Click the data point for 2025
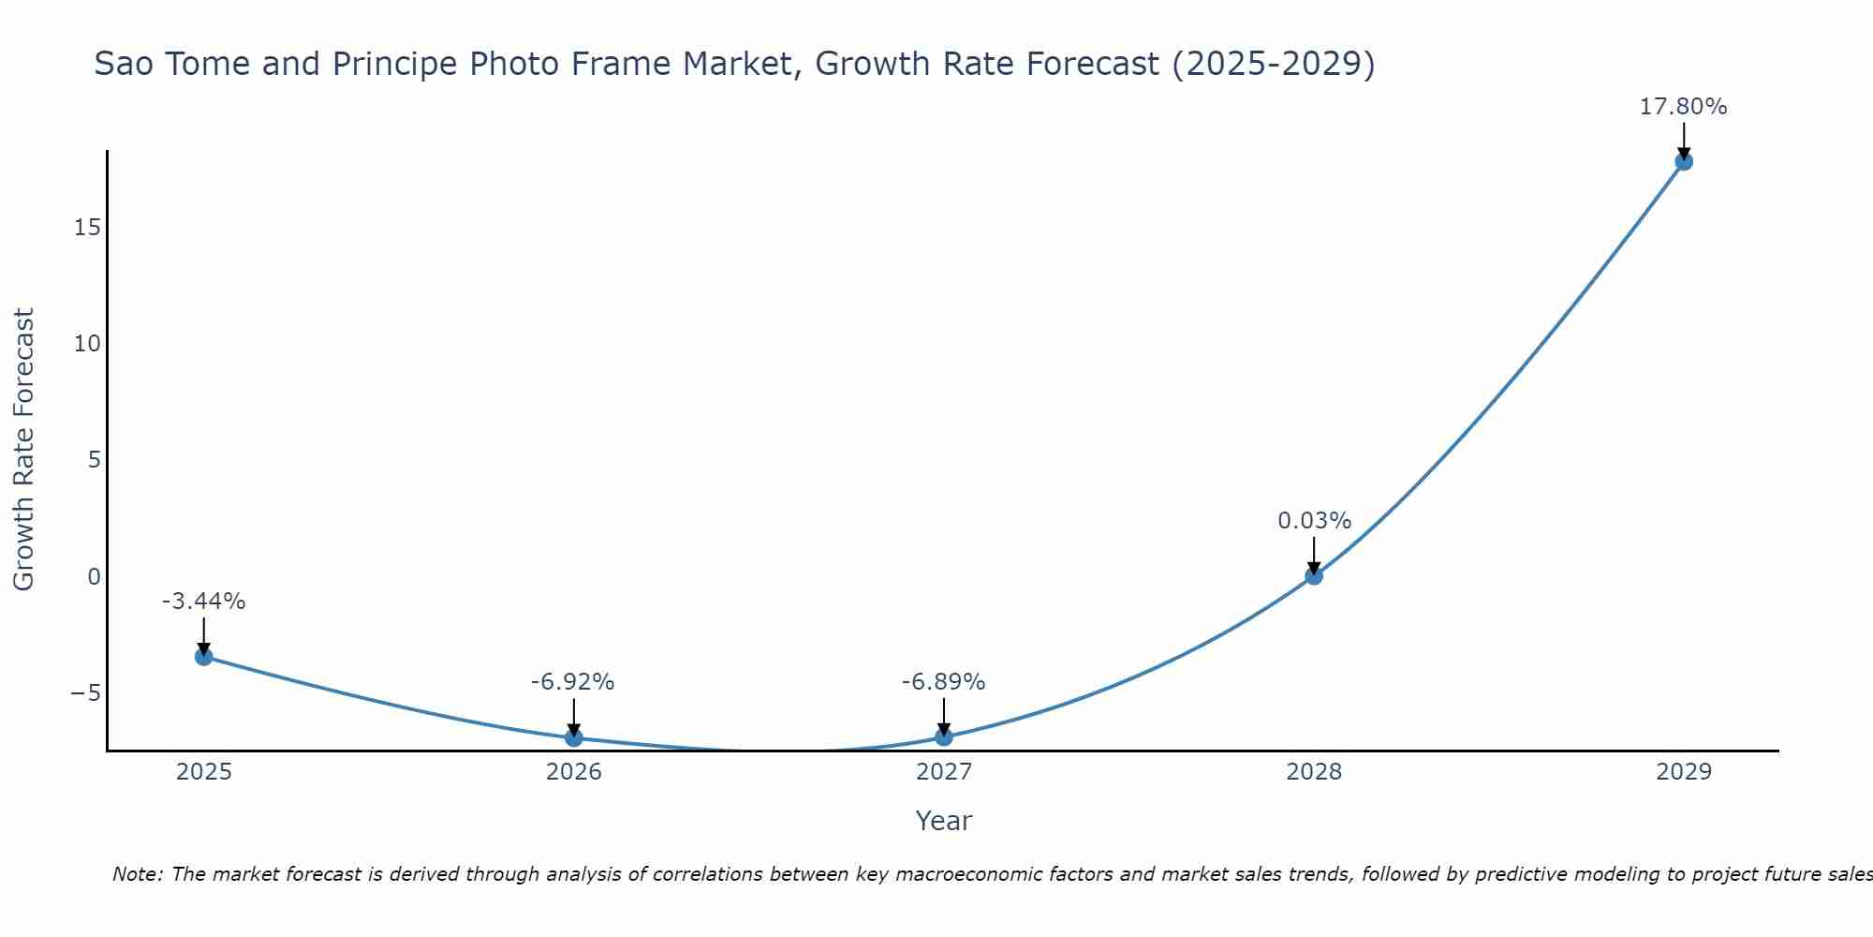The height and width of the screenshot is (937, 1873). click(203, 656)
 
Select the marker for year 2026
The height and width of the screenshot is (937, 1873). click(573, 737)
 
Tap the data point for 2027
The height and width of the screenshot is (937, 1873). click(943, 736)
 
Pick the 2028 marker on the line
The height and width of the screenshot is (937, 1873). click(1313, 575)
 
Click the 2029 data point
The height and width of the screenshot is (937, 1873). click(1683, 161)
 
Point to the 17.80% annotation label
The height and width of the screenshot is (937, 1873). click(1683, 107)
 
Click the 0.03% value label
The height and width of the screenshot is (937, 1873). click(1314, 520)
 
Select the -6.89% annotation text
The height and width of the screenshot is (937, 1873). click(943, 682)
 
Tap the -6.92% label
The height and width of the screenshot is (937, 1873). click(572, 682)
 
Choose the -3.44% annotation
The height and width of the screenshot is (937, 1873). click(203, 602)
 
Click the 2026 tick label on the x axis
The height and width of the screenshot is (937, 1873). click(573, 772)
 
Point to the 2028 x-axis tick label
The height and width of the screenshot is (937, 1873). click(1313, 772)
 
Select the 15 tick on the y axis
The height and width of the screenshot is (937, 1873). click(88, 228)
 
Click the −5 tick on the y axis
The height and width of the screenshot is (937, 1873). click(85, 693)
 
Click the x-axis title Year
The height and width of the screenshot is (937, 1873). click(943, 821)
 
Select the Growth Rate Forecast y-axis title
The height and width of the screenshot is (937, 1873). click(23, 450)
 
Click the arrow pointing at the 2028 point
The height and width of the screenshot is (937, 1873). click(1313, 555)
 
